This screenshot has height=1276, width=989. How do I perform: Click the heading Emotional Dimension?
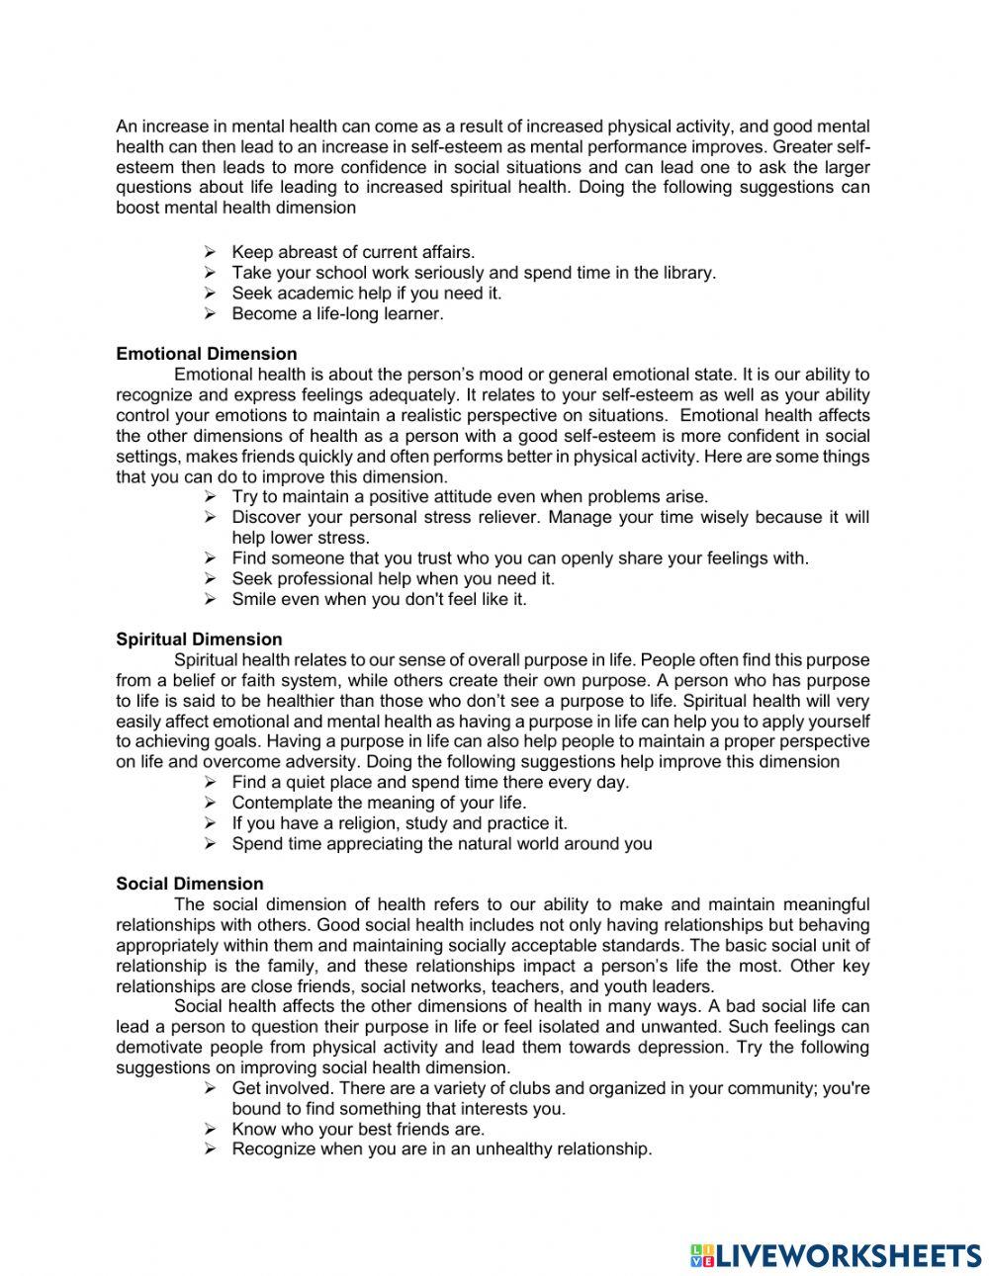tap(206, 354)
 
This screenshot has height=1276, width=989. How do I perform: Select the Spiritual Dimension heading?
tap(199, 639)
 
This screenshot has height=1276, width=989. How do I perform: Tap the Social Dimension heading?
tap(190, 884)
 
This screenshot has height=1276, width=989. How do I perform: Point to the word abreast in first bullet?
tap(305, 252)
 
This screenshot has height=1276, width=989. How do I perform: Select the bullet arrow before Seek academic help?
tap(210, 294)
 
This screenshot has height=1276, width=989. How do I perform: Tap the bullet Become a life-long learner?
tap(337, 314)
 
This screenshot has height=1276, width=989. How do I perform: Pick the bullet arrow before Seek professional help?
tap(210, 579)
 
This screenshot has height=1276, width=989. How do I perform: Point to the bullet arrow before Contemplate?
tap(210, 803)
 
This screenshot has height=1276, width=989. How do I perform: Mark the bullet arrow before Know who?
tap(210, 1129)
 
